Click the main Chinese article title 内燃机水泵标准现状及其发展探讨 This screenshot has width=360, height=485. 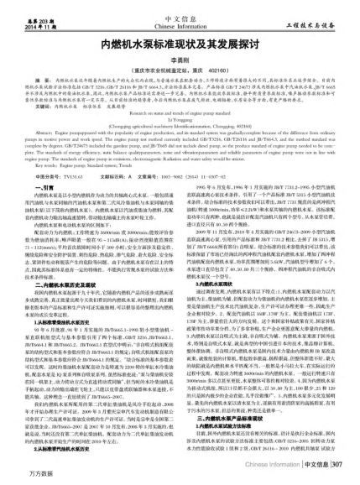[x=180, y=39]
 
